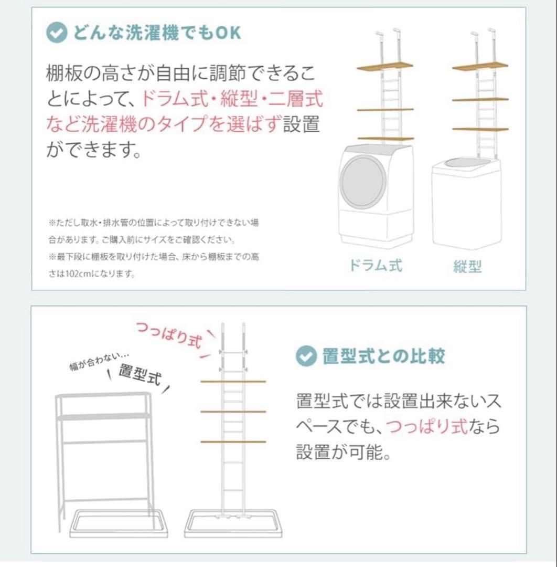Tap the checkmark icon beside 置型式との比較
click(306, 356)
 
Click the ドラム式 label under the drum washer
click(376, 265)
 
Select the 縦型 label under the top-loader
click(467, 267)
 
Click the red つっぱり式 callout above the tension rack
click(169, 334)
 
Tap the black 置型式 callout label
click(139, 374)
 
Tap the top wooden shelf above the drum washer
click(385, 67)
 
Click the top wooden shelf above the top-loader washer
click(480, 67)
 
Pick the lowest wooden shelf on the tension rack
click(233, 442)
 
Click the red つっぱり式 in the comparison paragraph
click(426, 426)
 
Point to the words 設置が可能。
click(344, 452)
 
